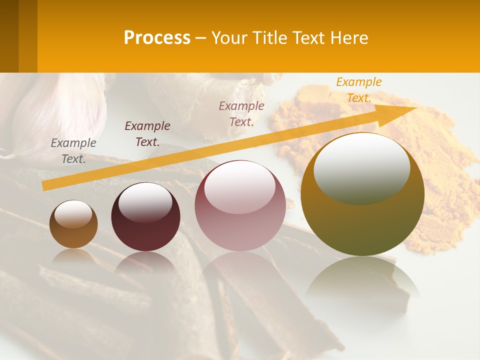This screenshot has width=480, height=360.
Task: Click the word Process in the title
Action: [x=157, y=38]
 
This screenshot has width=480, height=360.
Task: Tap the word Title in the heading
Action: [x=269, y=38]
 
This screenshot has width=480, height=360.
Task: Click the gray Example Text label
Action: [x=73, y=151]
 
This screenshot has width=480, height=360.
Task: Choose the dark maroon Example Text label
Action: [x=147, y=134]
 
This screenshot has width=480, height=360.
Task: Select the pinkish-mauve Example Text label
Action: [x=241, y=113]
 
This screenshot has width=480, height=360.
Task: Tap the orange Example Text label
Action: [x=359, y=90]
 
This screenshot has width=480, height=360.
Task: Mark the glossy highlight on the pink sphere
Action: [x=239, y=186]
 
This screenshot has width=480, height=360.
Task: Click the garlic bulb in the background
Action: [x=60, y=115]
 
